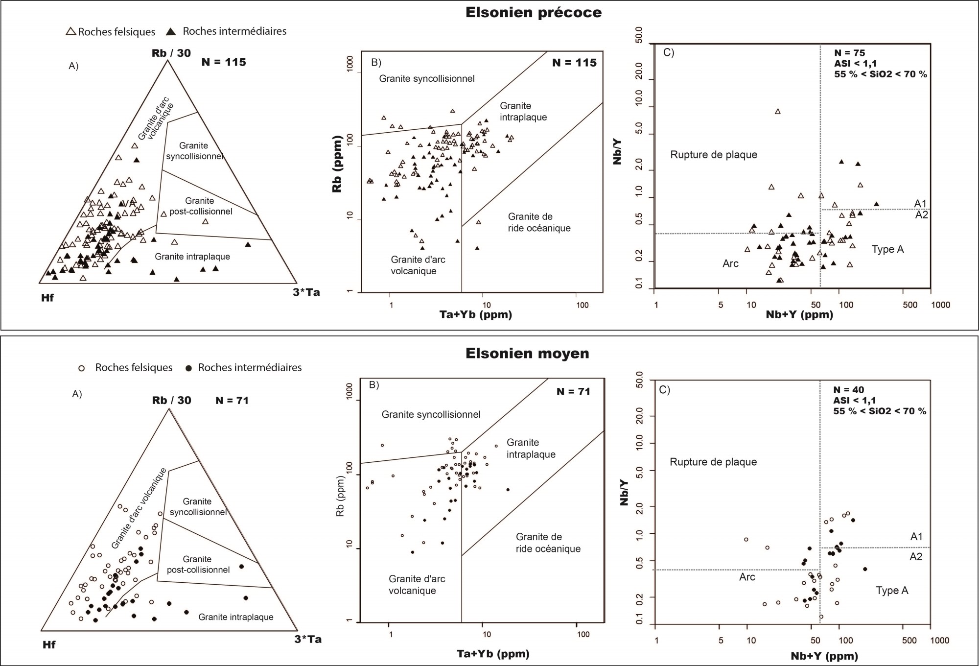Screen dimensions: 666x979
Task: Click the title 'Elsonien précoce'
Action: click(x=534, y=13)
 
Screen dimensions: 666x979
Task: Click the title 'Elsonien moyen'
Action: click(x=527, y=354)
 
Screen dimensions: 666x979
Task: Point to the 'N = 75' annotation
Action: click(x=849, y=53)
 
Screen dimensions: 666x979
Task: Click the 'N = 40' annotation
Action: click(x=849, y=390)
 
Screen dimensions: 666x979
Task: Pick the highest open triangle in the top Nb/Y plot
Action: click(x=778, y=112)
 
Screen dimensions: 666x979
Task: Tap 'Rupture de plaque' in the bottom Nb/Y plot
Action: click(x=713, y=462)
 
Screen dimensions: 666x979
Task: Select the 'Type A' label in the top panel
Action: click(x=887, y=249)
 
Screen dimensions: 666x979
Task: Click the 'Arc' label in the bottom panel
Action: click(x=747, y=577)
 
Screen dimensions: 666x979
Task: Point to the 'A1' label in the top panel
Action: click(x=920, y=203)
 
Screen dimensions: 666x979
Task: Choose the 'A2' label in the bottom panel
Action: click(x=916, y=556)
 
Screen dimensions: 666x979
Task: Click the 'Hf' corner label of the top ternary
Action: click(x=47, y=298)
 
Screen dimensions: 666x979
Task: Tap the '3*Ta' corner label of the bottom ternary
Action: click(x=308, y=639)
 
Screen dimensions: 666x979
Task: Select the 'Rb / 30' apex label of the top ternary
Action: click(x=171, y=53)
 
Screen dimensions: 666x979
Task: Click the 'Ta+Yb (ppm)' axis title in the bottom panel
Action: click(x=493, y=654)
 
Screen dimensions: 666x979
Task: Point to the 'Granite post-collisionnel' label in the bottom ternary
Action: click(x=198, y=565)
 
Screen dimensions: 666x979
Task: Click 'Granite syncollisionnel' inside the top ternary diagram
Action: click(x=194, y=151)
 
